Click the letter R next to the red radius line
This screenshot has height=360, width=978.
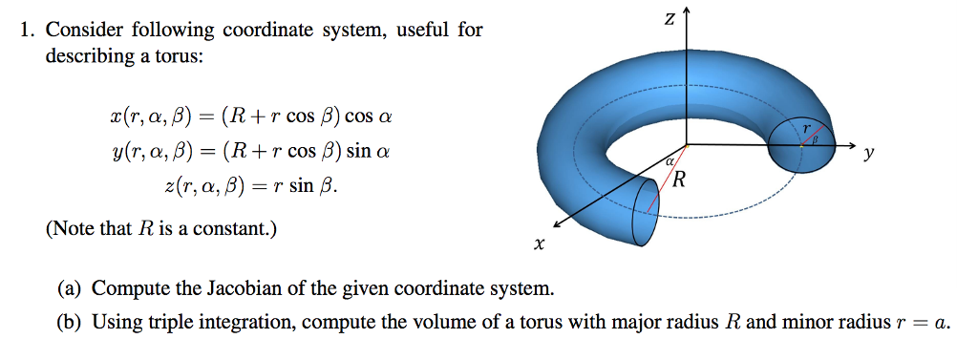(679, 180)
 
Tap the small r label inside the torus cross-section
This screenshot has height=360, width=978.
(806, 126)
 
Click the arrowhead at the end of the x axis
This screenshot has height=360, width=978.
(555, 225)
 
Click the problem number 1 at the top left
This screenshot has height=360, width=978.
(27, 31)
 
